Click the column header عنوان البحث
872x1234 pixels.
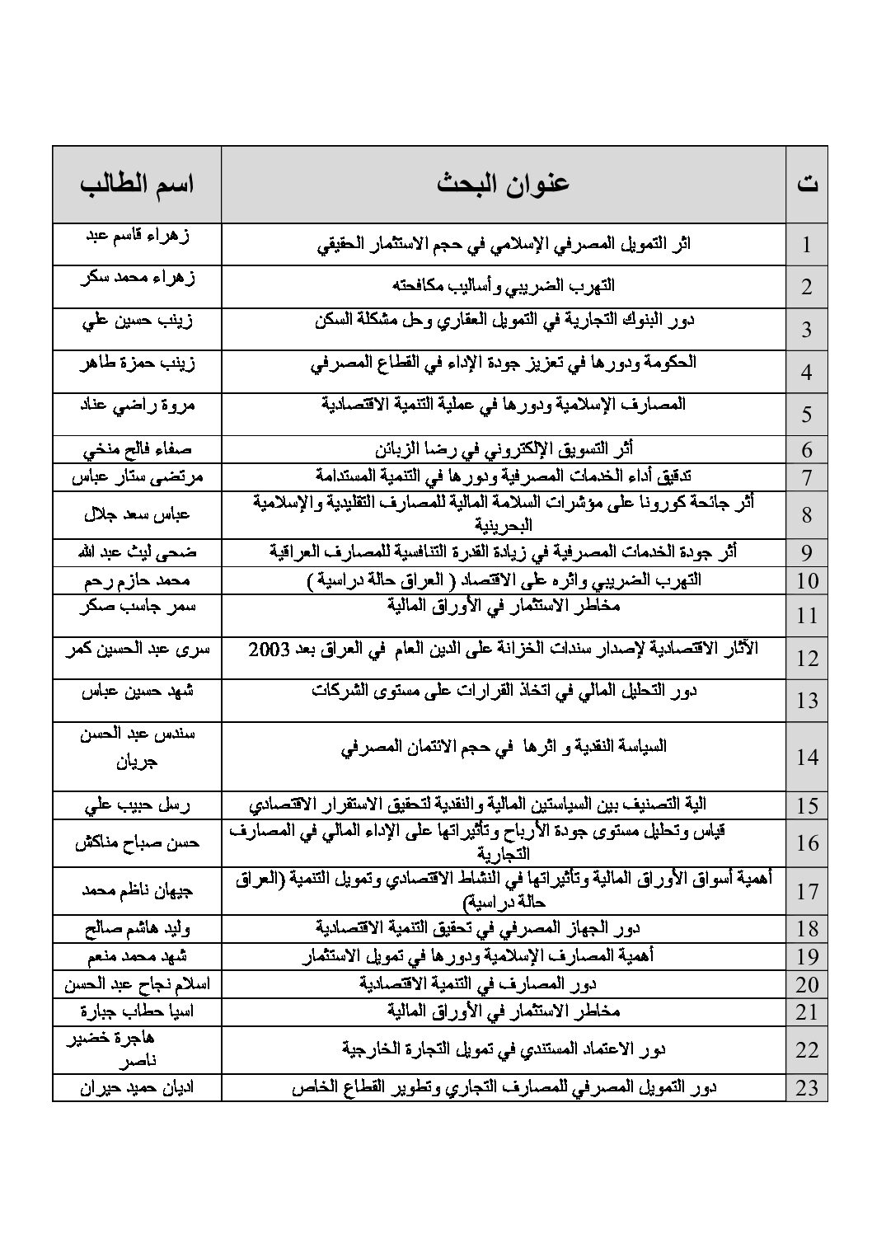(x=503, y=184)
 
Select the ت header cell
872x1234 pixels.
(x=807, y=184)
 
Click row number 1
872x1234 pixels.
(x=807, y=245)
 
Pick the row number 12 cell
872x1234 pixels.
(x=807, y=658)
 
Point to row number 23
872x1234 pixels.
(x=807, y=1088)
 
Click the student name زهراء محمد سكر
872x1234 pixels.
(x=137, y=278)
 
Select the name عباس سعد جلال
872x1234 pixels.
(x=137, y=514)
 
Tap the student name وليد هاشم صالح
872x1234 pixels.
(x=137, y=929)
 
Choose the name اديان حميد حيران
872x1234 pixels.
(x=137, y=1087)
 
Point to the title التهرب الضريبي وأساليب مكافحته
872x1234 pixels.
(x=503, y=286)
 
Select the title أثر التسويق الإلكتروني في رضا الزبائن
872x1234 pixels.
(x=503, y=449)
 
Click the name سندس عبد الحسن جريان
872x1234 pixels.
(x=137, y=746)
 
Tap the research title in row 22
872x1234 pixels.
(x=503, y=1049)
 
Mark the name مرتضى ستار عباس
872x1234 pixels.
(x=137, y=476)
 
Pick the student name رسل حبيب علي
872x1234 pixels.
(x=137, y=805)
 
